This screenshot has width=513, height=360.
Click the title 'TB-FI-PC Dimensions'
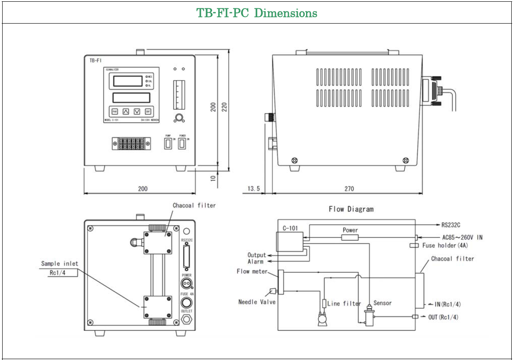click(x=257, y=13)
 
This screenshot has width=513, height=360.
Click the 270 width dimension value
click(x=349, y=189)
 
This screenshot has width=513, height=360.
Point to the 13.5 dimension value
click(x=254, y=189)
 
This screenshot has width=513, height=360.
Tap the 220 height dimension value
click(x=224, y=107)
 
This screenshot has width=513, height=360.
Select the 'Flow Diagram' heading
click(x=351, y=209)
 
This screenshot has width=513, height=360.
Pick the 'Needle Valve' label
click(x=257, y=302)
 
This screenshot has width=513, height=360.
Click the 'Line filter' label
click(x=344, y=304)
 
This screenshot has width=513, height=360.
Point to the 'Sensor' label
click(x=382, y=303)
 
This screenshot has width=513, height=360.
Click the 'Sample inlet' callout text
click(x=60, y=263)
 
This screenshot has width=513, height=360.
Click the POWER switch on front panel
click(x=182, y=144)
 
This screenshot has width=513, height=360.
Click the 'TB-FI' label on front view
click(x=96, y=61)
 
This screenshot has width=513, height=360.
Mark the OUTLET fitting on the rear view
click(x=187, y=318)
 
